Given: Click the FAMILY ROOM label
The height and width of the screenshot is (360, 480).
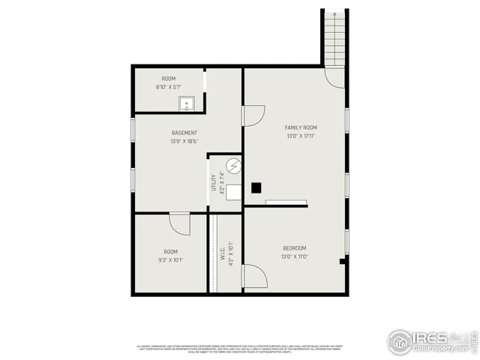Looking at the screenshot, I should point(300,127).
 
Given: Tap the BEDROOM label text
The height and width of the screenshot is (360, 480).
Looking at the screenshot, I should point(294,248).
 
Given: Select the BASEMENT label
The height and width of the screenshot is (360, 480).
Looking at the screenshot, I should point(184,133).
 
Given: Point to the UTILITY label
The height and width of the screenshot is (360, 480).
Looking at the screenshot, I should point(214,183).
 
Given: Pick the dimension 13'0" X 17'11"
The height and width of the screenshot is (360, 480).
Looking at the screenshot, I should point(300,136).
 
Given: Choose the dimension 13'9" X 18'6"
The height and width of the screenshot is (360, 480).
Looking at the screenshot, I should point(184,141).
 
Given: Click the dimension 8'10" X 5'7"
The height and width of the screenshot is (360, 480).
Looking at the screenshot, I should point(168,87).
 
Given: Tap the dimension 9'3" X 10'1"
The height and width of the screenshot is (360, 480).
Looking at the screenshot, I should point(172,260).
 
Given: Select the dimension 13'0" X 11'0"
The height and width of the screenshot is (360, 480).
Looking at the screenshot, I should point(294,256).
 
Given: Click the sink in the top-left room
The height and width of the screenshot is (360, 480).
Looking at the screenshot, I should point(186,103).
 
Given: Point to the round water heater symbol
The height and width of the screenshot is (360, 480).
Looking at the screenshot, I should point(232,165).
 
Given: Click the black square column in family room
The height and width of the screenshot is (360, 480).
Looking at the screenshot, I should point(256,187).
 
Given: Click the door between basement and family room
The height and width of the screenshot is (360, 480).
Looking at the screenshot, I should point(253,115).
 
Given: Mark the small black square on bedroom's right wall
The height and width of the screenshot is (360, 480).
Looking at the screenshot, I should point(342,261).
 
